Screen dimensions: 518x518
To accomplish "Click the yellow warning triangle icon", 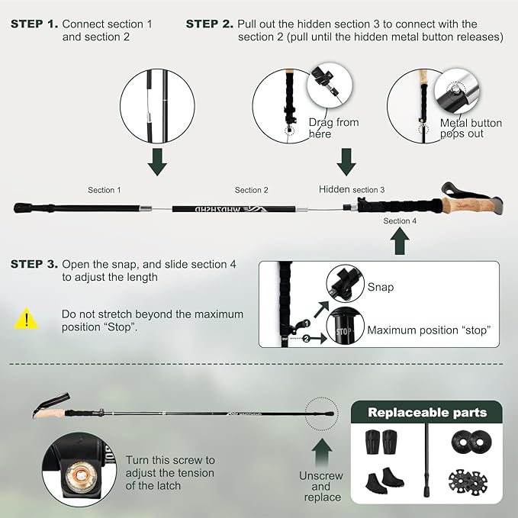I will tap(26, 318).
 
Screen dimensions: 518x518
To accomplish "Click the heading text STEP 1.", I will tap(34, 24).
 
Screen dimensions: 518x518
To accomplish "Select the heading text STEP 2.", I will tap(209, 24).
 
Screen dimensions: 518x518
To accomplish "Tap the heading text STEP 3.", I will tap(34, 265).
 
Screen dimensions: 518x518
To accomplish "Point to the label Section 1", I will tap(104, 190).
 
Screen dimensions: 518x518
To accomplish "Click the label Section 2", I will tap(252, 190).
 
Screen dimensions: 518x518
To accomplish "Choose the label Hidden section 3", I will tap(352, 189).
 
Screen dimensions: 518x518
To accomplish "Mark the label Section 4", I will tap(400, 221).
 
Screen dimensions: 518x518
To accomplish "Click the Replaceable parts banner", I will tap(426, 413).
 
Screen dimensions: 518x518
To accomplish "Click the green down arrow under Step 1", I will tap(157, 162).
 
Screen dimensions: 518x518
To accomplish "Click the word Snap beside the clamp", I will tap(380, 288).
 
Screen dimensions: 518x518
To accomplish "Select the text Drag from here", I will tap(333, 128).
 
